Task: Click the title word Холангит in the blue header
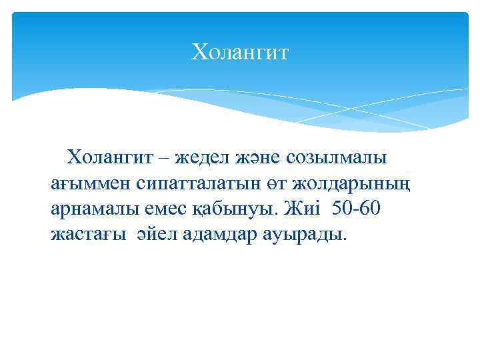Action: click(240, 51)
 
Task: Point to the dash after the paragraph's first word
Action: click(164, 159)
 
